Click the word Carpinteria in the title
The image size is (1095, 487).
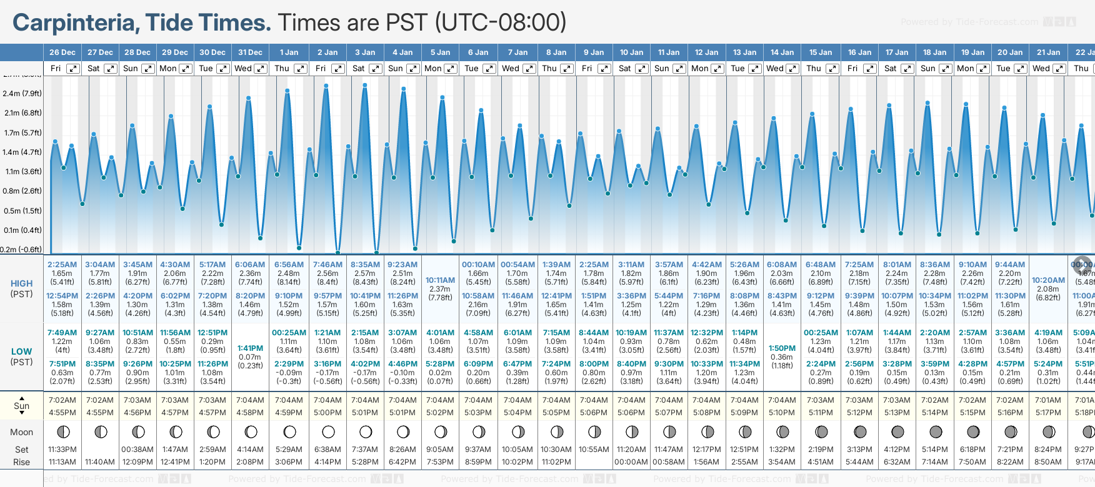click(74, 23)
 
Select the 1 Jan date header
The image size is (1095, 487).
click(289, 52)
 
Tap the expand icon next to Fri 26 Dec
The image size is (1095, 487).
click(73, 69)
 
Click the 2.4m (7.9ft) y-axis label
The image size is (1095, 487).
click(22, 94)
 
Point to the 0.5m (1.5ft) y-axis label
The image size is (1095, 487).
click(22, 211)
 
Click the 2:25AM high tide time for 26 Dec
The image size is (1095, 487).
click(62, 265)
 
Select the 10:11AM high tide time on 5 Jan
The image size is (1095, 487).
click(440, 280)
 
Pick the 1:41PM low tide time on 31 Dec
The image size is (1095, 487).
click(250, 348)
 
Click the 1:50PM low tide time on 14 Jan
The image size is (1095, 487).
click(782, 348)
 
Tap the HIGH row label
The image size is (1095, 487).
click(21, 283)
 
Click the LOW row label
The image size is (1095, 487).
click(21, 352)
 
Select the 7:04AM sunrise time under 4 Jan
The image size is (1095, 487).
click(402, 400)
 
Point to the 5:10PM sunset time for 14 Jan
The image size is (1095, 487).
click(782, 413)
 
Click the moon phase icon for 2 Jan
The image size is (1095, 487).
click(327, 431)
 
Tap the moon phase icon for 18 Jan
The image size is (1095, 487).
click(935, 431)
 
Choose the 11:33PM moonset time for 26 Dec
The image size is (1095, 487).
click(62, 450)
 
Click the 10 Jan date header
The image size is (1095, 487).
click(631, 52)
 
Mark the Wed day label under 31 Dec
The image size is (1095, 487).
click(243, 69)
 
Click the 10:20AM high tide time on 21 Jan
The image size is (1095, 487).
click(1048, 280)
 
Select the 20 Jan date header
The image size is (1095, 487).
click(1010, 52)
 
